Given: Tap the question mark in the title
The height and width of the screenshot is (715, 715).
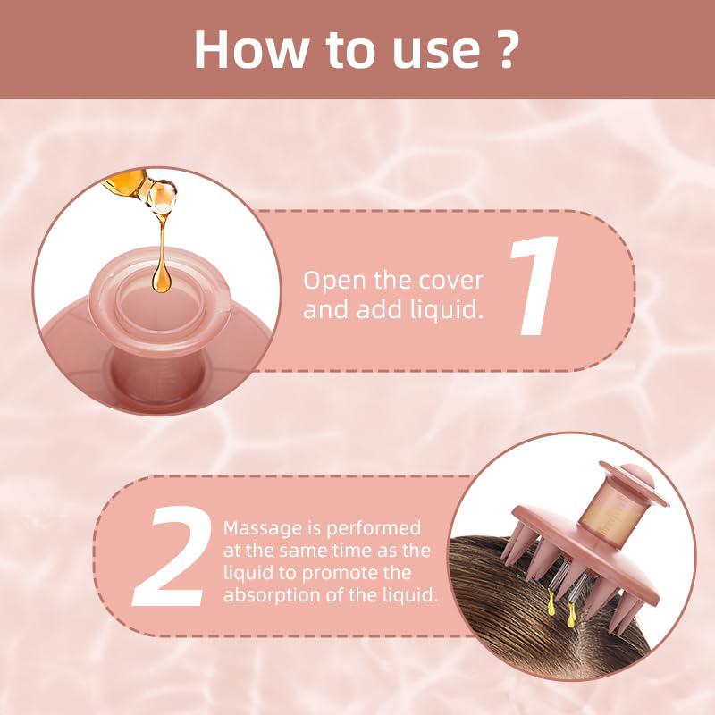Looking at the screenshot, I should pyautogui.click(x=504, y=49).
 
